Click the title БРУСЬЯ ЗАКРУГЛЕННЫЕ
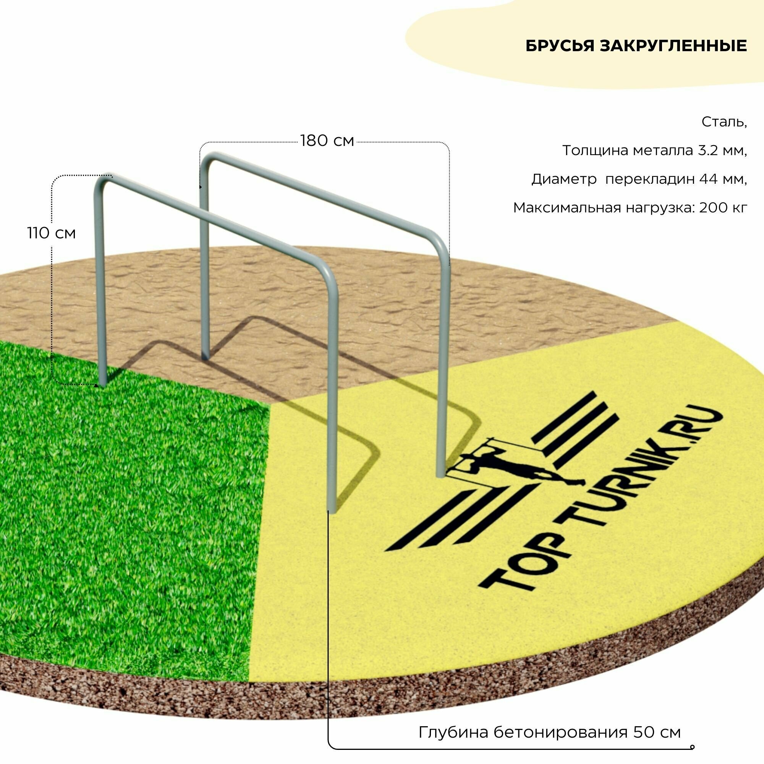(636, 46)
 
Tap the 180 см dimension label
(327, 141)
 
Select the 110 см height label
(52, 233)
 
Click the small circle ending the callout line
(692, 736)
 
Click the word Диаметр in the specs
(564, 179)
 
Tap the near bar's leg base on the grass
(102, 382)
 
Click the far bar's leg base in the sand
(205, 356)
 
